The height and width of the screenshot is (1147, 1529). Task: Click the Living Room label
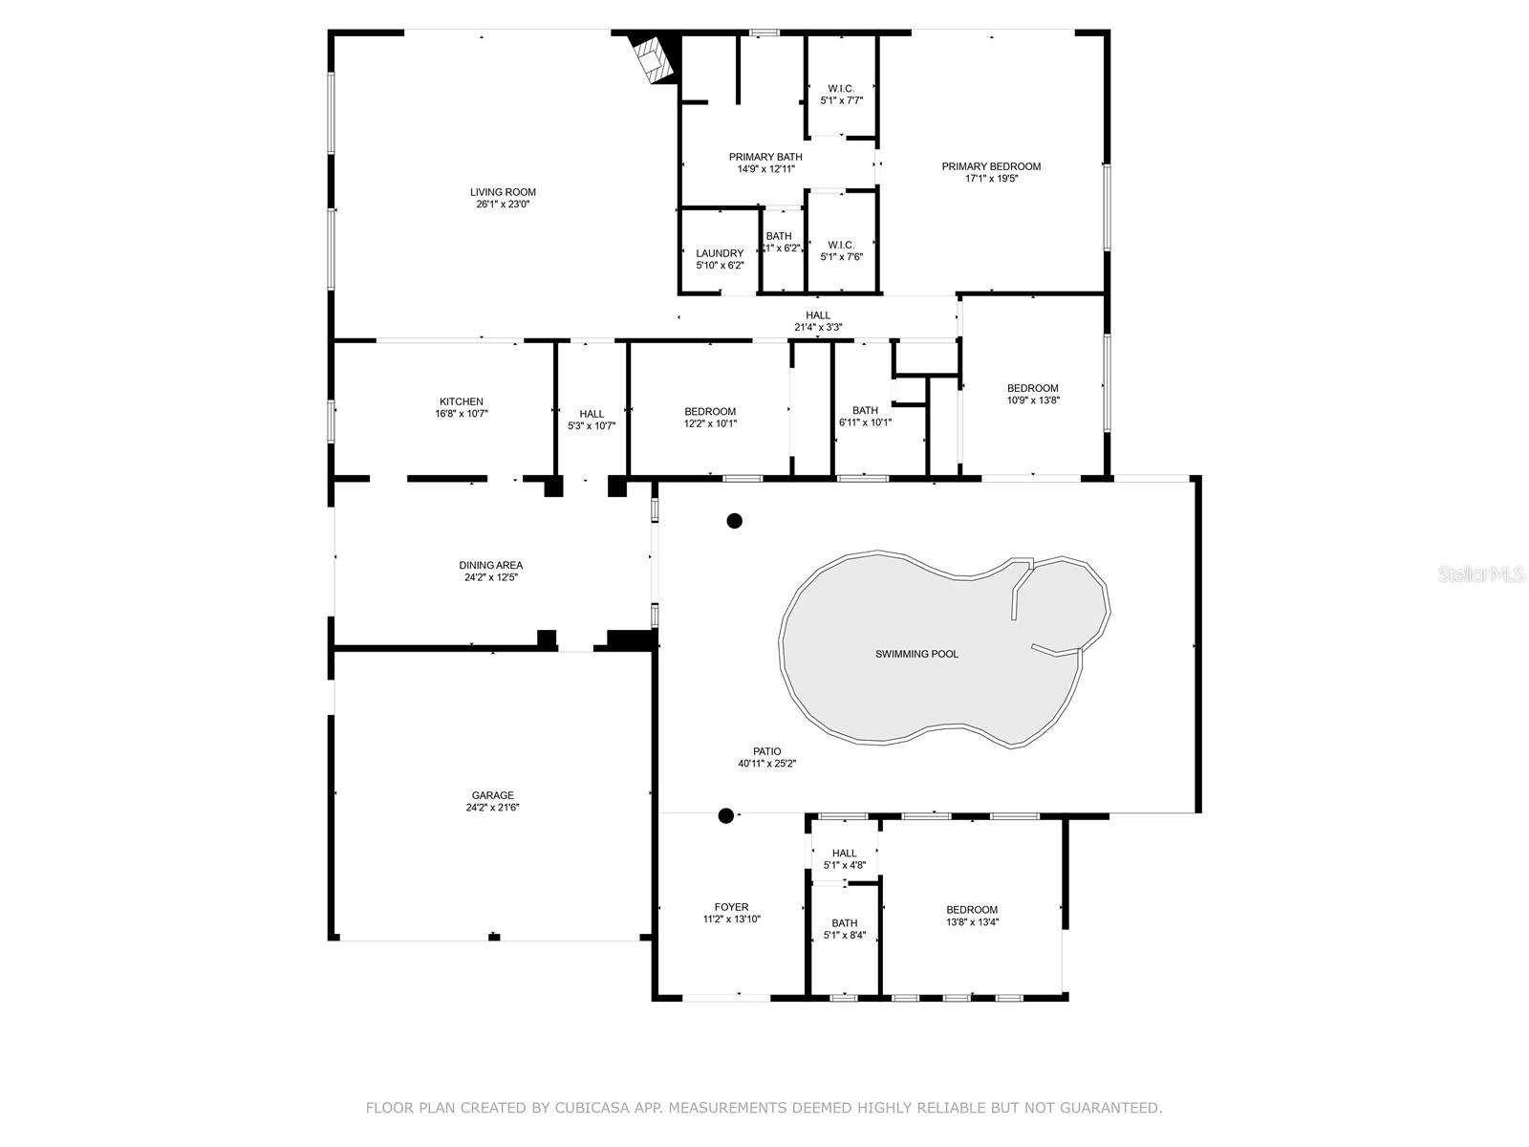(503, 192)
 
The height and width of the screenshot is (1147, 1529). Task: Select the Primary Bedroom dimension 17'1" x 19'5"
(991, 179)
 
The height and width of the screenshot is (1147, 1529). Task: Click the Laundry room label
(720, 253)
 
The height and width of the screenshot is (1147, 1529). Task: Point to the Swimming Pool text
(916, 655)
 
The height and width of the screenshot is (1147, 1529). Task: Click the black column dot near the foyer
(726, 815)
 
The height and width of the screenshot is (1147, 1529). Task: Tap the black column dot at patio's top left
(734, 521)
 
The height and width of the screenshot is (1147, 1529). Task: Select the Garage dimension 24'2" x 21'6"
(493, 808)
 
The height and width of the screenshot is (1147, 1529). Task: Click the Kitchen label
(462, 401)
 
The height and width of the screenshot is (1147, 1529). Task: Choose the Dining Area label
(491, 565)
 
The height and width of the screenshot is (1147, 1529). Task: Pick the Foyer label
(731, 907)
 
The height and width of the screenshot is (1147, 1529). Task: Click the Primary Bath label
(765, 157)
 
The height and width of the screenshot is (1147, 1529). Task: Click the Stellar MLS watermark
(1482, 574)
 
